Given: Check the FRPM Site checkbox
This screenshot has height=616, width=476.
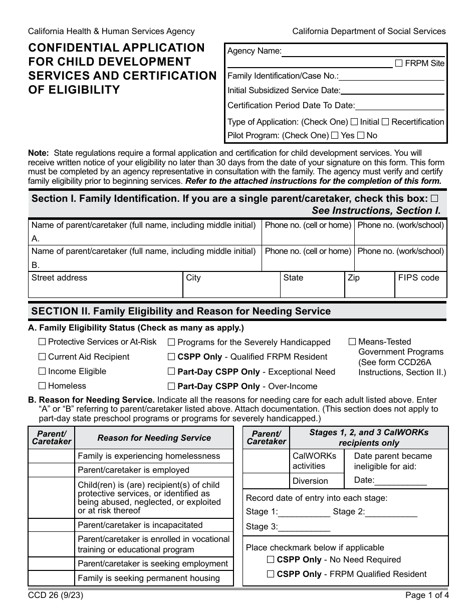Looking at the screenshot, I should click(x=399, y=63).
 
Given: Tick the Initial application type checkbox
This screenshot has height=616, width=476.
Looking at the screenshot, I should click(x=354, y=122).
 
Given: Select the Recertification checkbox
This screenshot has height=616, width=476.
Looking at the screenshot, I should click(x=385, y=122).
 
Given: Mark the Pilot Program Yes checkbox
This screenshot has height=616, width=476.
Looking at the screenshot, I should click(x=335, y=135).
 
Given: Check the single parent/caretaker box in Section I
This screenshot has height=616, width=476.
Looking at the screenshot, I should click(x=434, y=198).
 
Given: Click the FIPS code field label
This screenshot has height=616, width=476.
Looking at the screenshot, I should click(x=418, y=278).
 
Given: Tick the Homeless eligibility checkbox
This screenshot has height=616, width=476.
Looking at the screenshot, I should click(x=42, y=386).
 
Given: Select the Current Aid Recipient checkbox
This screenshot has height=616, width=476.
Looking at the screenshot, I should click(x=42, y=357).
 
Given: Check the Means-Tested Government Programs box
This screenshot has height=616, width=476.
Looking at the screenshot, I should click(x=352, y=342).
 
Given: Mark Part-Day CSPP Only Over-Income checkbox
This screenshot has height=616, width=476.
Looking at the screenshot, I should click(x=171, y=386).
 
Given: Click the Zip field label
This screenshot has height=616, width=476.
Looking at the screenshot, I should click(x=353, y=278).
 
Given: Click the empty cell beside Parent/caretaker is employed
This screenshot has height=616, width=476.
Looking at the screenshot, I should click(x=52, y=470).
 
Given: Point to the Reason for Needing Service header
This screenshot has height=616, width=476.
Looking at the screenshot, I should click(x=154, y=438).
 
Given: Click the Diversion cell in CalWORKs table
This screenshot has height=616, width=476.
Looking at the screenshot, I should click(x=310, y=481).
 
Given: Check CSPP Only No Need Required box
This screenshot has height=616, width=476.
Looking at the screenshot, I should click(x=271, y=559).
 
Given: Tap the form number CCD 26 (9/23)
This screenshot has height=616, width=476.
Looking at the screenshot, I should click(x=53, y=596).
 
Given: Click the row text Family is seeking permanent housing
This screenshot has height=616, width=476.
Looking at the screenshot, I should click(x=148, y=578).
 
